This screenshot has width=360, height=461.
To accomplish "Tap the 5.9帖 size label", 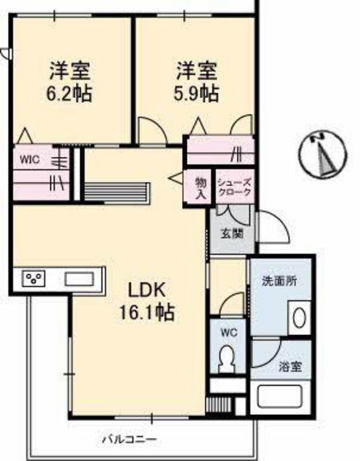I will [196, 93].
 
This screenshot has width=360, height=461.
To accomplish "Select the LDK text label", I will [148, 291].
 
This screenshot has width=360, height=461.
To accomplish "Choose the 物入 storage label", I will [200, 187].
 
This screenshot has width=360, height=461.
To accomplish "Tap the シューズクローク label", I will [234, 188].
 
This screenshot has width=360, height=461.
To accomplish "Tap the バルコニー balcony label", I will [129, 437].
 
